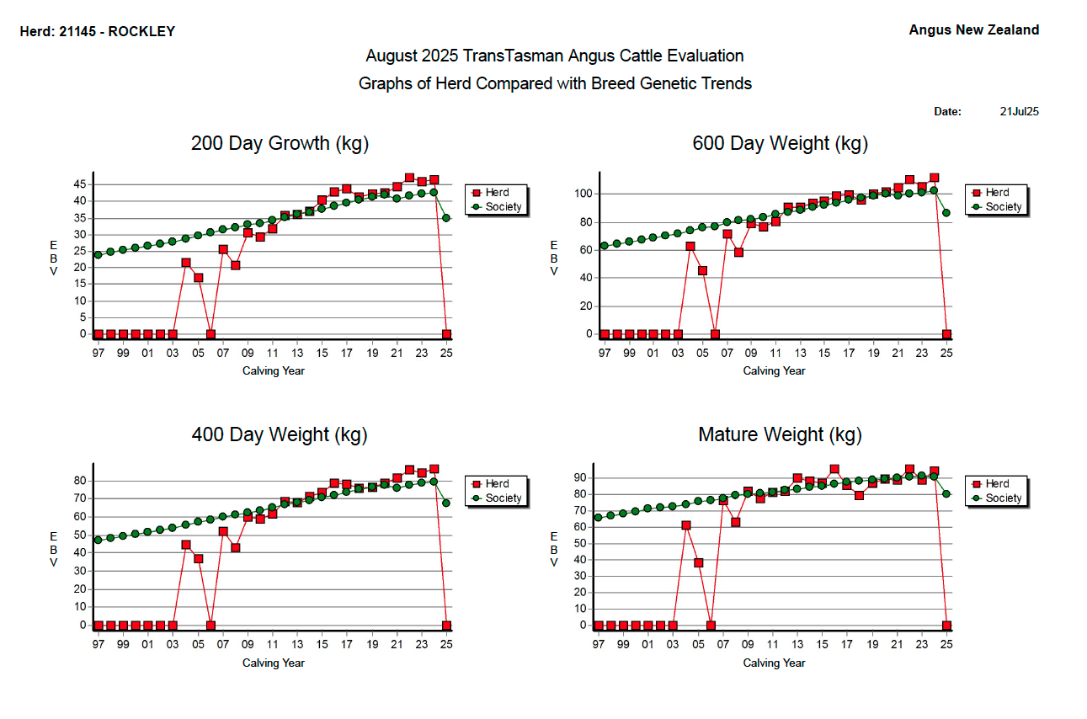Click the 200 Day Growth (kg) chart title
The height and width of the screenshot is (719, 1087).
click(280, 143)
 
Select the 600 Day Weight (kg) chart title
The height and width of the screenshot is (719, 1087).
click(780, 143)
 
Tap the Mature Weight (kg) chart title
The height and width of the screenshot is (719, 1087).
click(780, 434)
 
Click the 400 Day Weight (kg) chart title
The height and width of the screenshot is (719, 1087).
click(280, 434)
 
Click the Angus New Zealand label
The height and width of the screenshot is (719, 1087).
click(973, 30)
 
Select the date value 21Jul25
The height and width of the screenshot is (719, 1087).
click(1019, 111)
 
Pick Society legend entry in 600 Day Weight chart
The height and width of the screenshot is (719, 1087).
click(1003, 207)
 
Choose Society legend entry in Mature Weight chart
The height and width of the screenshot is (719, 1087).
click(1003, 498)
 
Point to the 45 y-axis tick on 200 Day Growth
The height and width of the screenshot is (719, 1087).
click(80, 184)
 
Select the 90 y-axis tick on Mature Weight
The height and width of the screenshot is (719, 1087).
click(579, 477)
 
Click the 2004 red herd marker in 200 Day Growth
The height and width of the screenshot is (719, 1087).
click(186, 263)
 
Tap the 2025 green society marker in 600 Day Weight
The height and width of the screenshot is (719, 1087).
click(946, 213)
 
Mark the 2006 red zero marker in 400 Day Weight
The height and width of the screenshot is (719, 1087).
click(210, 626)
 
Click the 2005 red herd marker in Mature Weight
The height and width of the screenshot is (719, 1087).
click(698, 563)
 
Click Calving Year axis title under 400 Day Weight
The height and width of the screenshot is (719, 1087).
click(274, 663)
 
